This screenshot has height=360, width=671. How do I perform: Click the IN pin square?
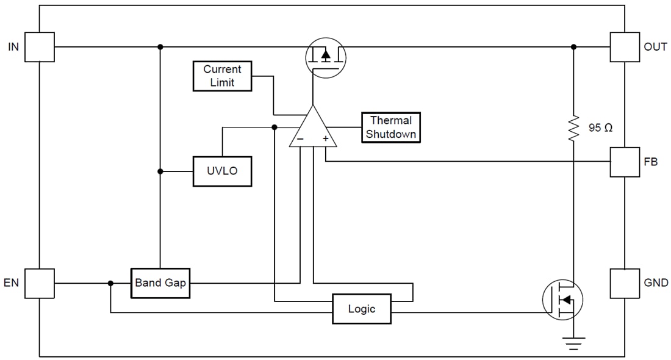click(40, 47)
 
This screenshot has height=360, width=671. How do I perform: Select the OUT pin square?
click(625, 47)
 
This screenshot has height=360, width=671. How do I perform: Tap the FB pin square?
click(625, 162)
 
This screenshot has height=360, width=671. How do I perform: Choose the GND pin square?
click(625, 283)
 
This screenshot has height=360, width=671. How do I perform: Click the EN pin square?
click(40, 283)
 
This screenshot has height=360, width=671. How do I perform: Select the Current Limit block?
click(222, 76)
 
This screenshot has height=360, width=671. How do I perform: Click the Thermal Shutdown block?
click(391, 128)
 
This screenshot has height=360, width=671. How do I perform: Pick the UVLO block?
click(222, 171)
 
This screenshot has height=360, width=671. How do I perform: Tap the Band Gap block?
click(160, 283)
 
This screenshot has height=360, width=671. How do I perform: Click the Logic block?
click(361, 309)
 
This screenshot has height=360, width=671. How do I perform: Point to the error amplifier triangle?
click(312, 128)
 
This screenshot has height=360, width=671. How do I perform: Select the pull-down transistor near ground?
click(563, 300)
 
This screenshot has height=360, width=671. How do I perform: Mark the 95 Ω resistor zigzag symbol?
click(573, 129)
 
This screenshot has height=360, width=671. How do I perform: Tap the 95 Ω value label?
click(600, 128)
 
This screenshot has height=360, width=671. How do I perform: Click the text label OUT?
click(655, 47)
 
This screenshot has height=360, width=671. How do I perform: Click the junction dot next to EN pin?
click(110, 283)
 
